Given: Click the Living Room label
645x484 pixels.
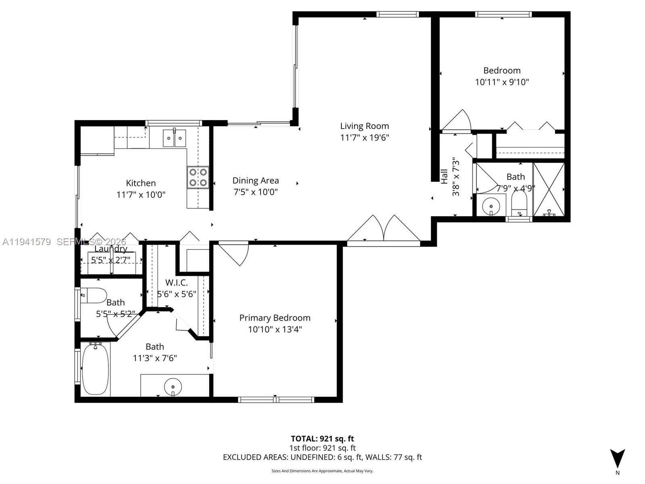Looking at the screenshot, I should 364,126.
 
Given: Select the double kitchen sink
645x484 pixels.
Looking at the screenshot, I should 174,138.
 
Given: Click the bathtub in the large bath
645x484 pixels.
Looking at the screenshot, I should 96,369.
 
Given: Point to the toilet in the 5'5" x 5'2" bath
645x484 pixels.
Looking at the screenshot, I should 94,296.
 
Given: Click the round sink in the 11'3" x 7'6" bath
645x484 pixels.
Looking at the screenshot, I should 173,386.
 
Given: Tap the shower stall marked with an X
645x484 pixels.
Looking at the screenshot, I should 549,189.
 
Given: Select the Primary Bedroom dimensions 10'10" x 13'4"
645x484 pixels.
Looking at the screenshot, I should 275,330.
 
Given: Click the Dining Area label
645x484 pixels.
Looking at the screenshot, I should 256,181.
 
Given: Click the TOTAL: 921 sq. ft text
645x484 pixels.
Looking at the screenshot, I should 322,439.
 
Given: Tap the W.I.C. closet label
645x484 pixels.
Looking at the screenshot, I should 177,283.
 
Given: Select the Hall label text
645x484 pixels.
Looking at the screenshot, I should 444,176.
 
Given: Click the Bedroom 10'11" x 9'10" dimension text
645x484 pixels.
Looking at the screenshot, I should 502,82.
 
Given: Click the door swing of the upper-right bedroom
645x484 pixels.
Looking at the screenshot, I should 458,121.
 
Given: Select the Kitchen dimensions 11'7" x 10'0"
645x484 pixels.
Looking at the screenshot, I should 141,195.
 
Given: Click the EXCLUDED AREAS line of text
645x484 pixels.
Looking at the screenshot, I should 322,457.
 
